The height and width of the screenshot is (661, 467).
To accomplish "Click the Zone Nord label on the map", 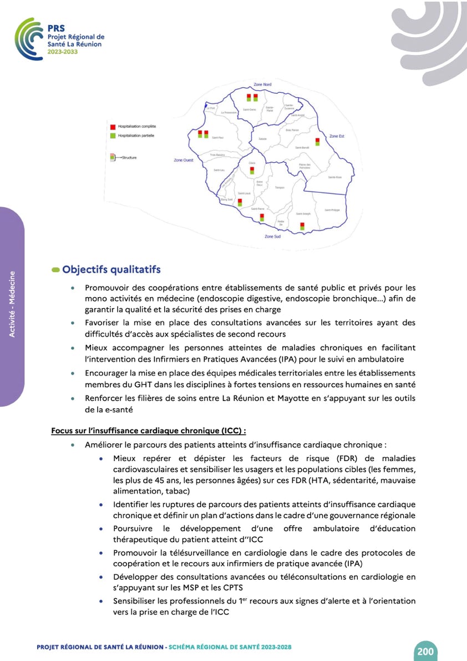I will click(262, 84).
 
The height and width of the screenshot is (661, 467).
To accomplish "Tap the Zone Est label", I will click(337, 136).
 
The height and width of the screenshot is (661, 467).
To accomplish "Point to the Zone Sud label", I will click(272, 237).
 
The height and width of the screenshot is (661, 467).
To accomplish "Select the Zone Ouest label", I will click(184, 160).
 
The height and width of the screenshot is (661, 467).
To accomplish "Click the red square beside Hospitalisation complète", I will click(113, 127).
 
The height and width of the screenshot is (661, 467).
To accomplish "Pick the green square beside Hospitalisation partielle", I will click(113, 135).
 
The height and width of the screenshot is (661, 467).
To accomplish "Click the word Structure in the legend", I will click(129, 158).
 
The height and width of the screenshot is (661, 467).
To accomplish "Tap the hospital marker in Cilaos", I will click(252, 171).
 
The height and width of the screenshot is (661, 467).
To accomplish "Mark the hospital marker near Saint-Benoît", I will click(317, 142).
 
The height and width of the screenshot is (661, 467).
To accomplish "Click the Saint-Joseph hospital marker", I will click(302, 226).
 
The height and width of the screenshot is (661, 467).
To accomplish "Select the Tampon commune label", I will click(280, 188).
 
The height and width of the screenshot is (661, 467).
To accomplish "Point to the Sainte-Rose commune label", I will click(335, 177).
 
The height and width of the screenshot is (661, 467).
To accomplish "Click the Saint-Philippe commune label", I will click(332, 210).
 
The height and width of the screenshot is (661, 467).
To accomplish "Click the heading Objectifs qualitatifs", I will click(111, 269).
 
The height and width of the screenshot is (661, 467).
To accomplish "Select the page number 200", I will click(425, 651).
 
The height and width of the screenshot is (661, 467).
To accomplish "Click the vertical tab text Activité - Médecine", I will click(13, 307).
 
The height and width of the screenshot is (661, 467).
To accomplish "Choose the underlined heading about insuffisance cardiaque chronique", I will click(148, 430).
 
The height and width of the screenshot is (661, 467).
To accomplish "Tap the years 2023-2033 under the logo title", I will click(63, 51).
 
